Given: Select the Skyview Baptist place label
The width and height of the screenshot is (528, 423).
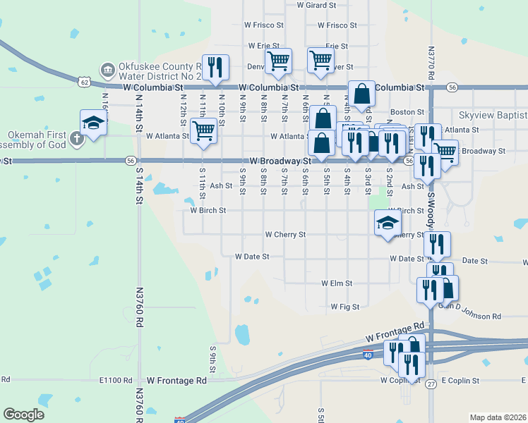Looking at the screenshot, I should [x=493, y=115].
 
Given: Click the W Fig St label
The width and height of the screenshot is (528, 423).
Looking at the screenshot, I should [x=345, y=307].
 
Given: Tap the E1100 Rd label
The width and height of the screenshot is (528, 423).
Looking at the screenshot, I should [x=116, y=380].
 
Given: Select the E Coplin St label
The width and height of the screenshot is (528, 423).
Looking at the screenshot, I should [x=460, y=381].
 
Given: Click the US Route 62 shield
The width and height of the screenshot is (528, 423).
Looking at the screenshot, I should [x=84, y=82].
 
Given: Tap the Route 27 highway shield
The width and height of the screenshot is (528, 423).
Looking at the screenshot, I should [x=431, y=384].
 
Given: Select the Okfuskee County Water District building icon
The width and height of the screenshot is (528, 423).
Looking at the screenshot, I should [x=107, y=68].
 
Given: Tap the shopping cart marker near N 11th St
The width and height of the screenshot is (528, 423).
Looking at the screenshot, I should [x=204, y=130].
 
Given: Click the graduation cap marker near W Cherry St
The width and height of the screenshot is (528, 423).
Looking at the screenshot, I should [x=387, y=223].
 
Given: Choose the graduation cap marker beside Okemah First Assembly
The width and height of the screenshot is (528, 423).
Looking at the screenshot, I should [x=93, y=123].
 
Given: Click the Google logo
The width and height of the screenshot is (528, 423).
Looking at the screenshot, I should [x=24, y=415].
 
